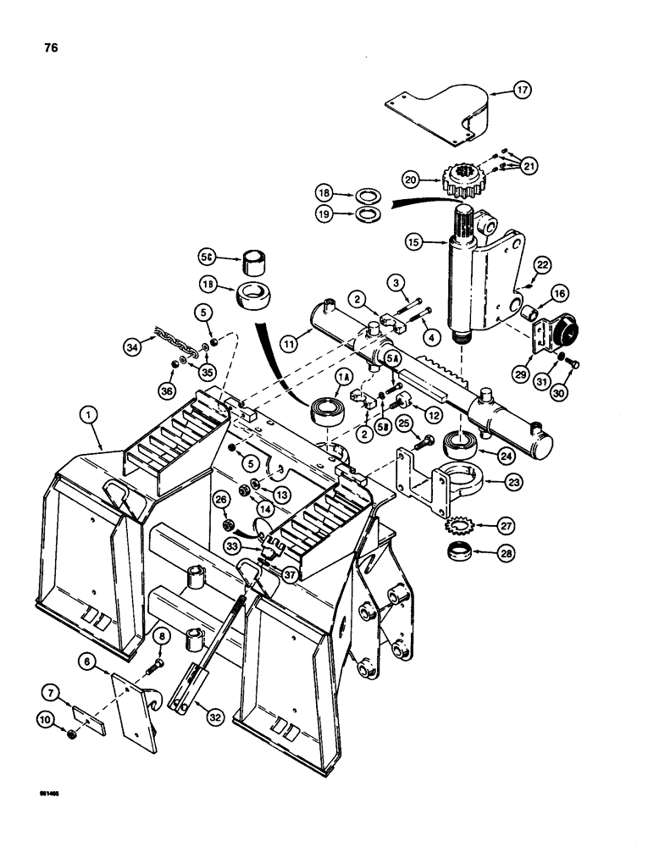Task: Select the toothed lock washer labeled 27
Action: pos(462,525)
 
